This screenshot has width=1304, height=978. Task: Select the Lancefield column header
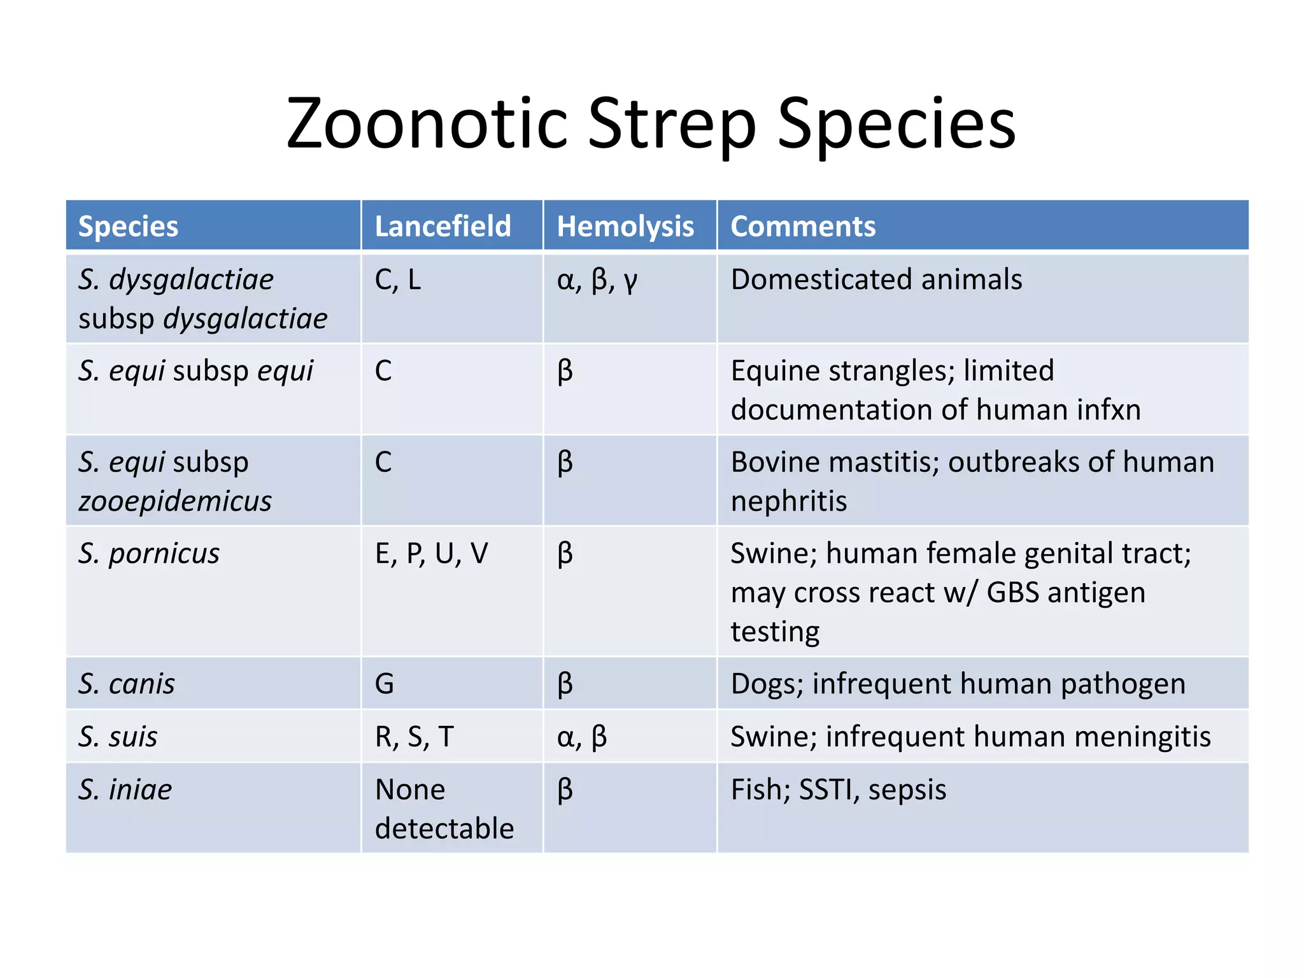click(443, 226)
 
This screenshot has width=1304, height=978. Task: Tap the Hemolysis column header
click(625, 226)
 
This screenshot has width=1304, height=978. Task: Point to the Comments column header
click(803, 226)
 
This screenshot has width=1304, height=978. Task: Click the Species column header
click(128, 226)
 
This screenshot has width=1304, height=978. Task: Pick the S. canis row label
click(127, 684)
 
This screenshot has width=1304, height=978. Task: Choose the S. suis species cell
click(118, 737)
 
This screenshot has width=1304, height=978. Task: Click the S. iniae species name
click(125, 790)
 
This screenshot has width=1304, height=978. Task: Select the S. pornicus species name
click(149, 553)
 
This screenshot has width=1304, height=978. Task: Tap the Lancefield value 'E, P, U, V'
click(431, 553)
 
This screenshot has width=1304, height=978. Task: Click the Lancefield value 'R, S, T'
click(414, 737)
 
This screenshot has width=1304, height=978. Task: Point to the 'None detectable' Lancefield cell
click(444, 809)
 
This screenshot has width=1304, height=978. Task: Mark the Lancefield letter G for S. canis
click(385, 684)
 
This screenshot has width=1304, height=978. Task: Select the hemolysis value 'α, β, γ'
click(597, 280)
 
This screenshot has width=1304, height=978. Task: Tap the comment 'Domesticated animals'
click(876, 280)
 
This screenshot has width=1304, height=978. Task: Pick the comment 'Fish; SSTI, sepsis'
click(838, 790)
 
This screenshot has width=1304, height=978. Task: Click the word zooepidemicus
click(175, 501)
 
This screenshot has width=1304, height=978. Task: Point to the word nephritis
click(789, 501)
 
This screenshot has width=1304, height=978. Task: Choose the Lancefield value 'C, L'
click(398, 280)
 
